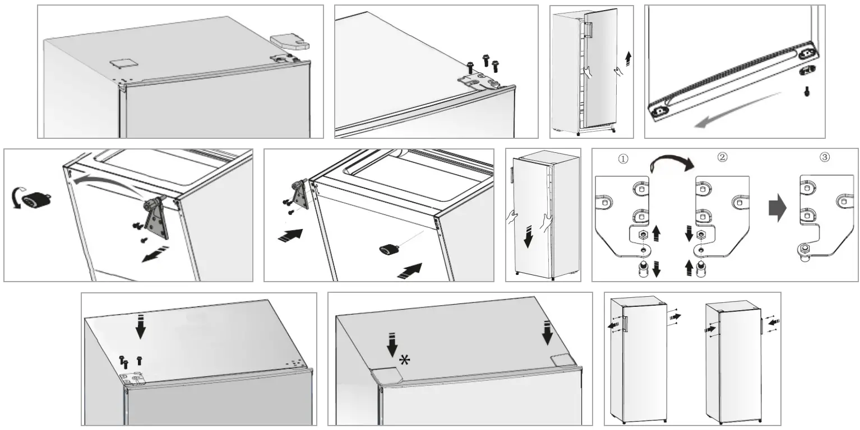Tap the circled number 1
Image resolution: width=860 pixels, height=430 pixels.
(623, 158)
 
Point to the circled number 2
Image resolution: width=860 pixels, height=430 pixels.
(723, 157)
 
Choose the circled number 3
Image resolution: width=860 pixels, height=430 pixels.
(824, 157)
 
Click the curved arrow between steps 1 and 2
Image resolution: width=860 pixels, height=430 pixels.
(672, 163)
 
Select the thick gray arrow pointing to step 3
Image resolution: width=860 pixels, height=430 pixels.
(777, 208)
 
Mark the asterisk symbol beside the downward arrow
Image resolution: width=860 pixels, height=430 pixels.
(404, 360)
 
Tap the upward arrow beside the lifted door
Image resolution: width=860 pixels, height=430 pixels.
(628, 58)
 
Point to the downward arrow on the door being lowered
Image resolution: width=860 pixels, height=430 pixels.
(528, 236)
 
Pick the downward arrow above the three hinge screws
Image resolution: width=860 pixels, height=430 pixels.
(140, 327)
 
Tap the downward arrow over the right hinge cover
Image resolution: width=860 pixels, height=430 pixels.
(547, 334)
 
